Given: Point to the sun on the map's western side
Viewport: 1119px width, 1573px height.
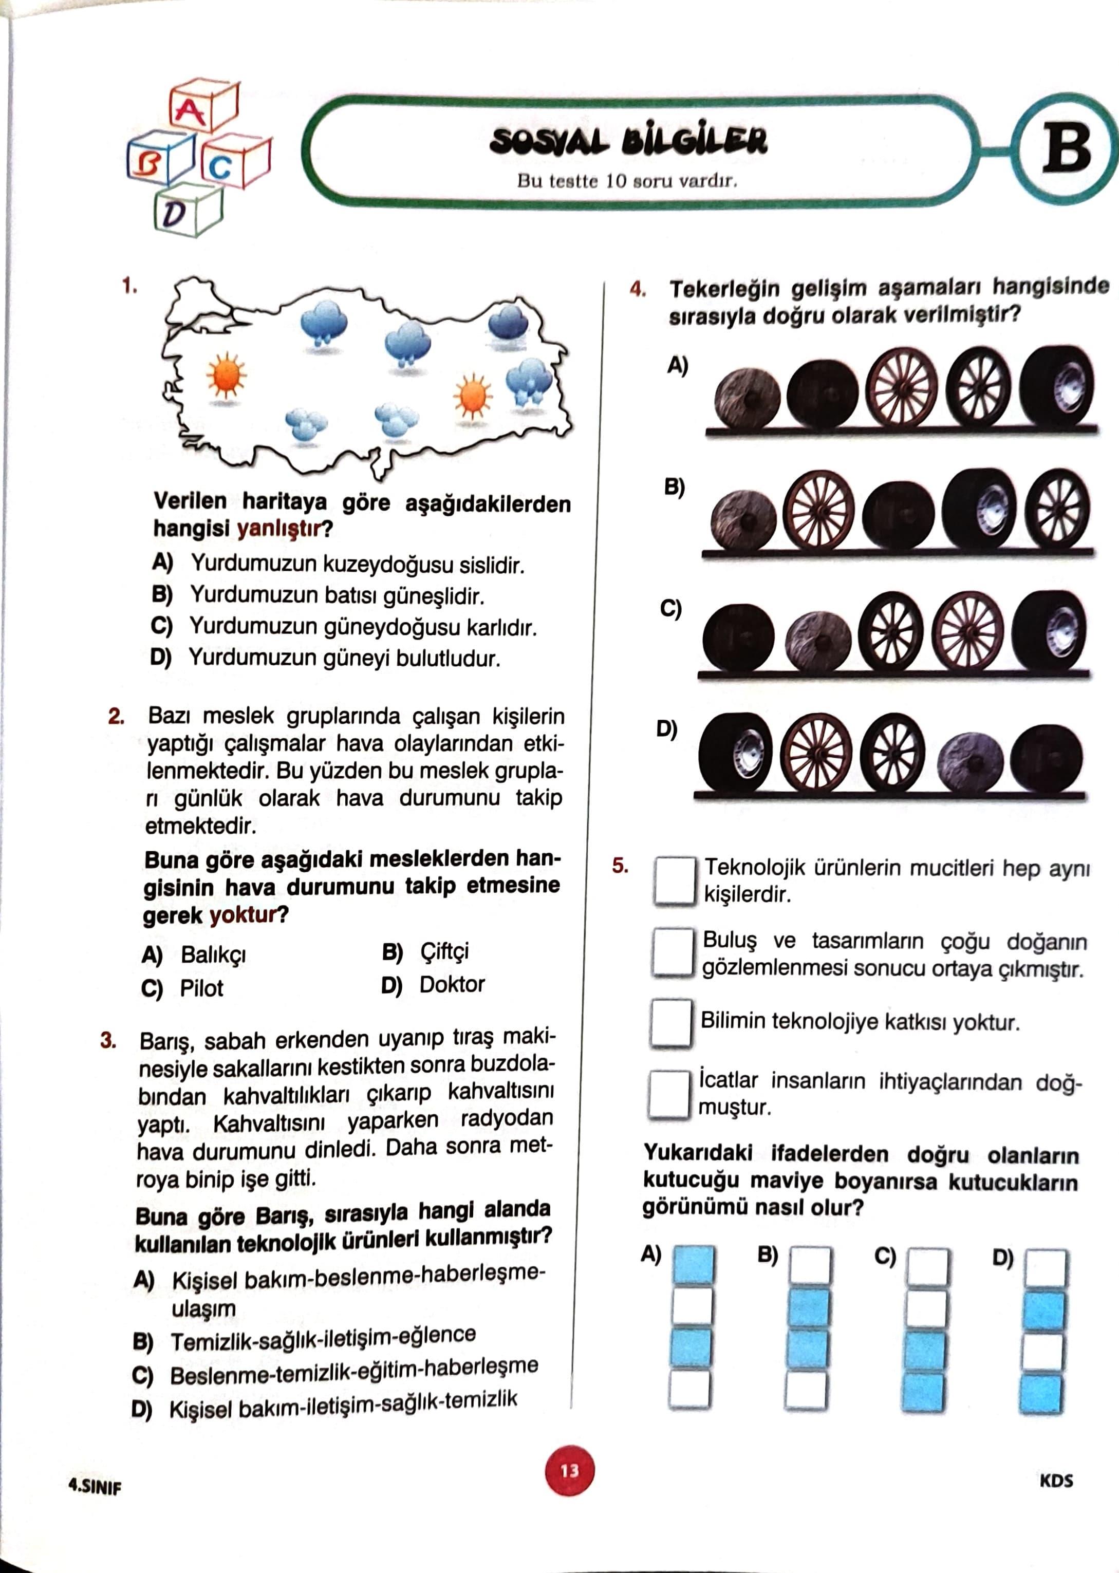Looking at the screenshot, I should pos(227,376).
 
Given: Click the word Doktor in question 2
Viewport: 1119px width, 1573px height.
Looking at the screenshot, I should pos(452,984).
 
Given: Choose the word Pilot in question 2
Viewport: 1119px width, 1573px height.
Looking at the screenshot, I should pos(201,988).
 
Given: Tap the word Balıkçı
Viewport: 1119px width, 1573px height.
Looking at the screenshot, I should pos(213,954).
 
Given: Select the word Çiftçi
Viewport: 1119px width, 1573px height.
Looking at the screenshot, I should pos(444,951).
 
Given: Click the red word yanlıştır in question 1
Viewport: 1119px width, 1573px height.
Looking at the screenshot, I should pos(279,529).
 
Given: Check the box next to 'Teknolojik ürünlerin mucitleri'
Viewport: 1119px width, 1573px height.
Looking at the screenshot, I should pos(674,880).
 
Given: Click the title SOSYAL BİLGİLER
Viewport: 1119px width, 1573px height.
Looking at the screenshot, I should pos(628,141).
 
